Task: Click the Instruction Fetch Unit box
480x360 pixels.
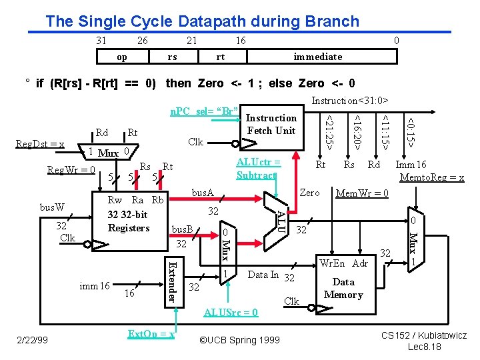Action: coord(271,124)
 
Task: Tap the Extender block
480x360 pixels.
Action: coord(172,281)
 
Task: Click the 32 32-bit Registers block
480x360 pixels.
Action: coord(129,215)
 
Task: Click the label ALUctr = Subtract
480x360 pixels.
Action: coord(258,169)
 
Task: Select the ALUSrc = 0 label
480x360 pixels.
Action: coord(231,312)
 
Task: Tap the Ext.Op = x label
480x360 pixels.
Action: coord(151,333)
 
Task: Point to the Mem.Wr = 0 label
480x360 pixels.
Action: coord(362,194)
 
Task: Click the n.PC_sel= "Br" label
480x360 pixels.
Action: coord(203,109)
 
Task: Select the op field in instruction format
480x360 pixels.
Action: coord(122,57)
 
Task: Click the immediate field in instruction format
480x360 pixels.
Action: coord(318,57)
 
